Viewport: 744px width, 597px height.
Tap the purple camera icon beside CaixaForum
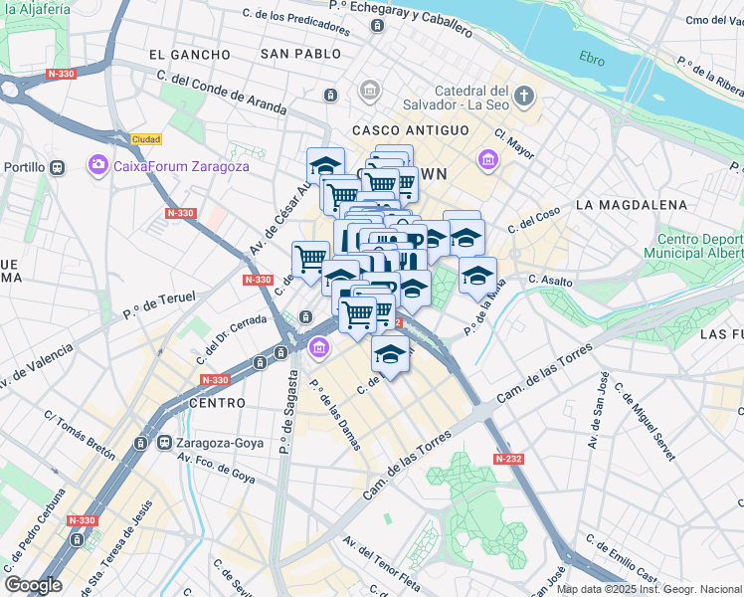pos(97,164)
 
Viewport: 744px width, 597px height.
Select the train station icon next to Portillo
pos(57,168)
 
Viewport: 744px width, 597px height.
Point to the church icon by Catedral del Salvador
pos(525,97)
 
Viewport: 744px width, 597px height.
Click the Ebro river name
pos(592,60)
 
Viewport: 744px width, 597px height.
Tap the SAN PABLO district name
pos(293,54)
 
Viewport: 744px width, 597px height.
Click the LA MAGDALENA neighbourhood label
pos(631,205)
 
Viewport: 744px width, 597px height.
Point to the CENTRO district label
pos(216,403)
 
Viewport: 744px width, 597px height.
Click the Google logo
pos(33,585)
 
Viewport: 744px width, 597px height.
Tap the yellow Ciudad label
pos(146,139)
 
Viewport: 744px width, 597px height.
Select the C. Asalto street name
pos(551,282)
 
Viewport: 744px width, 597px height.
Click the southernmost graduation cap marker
pos(390,353)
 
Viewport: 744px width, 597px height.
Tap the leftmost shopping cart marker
pos(310,259)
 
